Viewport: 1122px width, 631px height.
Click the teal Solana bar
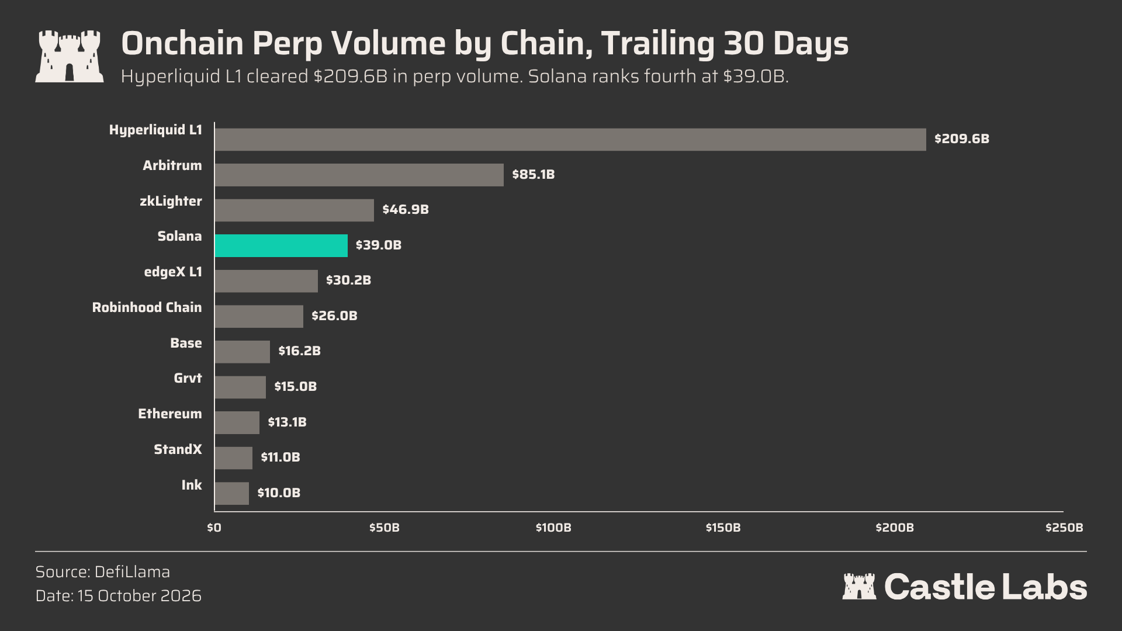[x=281, y=245]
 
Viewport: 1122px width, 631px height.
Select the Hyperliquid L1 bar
[x=570, y=140]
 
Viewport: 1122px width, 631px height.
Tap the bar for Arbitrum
[x=359, y=175]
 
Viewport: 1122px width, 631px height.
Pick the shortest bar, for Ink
[x=232, y=493]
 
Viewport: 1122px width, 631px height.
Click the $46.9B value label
[x=406, y=210]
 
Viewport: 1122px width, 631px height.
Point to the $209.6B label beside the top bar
[x=962, y=139]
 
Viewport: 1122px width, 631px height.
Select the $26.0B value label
[x=334, y=316]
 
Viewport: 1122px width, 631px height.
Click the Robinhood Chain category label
[x=147, y=307]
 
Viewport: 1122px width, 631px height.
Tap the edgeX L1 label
[x=173, y=272]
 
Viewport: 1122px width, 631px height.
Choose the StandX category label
[x=178, y=449]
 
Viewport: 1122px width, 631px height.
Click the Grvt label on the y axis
[x=188, y=379]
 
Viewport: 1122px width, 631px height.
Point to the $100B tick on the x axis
[x=553, y=528]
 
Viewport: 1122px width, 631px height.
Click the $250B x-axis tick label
[x=1064, y=528]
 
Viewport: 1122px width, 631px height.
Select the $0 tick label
[x=214, y=528]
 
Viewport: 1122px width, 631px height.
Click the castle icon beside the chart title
[x=70, y=56]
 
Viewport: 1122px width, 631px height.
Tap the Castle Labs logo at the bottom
[x=964, y=587]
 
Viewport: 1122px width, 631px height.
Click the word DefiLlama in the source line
[x=132, y=572]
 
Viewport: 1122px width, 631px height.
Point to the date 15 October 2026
[x=139, y=596]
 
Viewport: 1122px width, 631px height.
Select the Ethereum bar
[x=237, y=422]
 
